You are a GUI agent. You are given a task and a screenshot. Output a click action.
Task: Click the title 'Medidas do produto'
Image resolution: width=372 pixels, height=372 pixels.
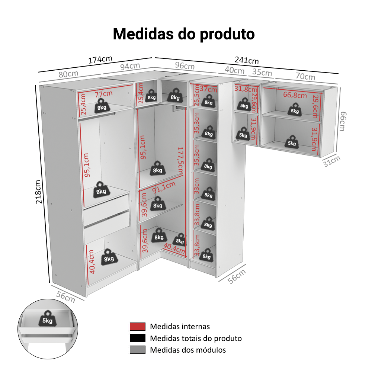click(184, 34)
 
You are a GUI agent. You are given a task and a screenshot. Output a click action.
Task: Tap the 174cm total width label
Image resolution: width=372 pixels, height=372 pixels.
click(100, 60)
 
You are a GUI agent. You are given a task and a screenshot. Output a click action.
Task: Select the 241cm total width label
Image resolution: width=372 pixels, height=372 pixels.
click(247, 60)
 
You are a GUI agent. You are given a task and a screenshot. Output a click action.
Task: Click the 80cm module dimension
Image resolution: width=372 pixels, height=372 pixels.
click(68, 74)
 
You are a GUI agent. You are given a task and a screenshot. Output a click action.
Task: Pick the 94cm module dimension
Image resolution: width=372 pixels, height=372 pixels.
click(130, 67)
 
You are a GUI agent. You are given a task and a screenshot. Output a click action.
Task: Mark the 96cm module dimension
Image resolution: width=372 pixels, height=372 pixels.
click(185, 66)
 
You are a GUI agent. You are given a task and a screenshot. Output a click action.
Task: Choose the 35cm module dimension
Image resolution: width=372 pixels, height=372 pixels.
click(262, 72)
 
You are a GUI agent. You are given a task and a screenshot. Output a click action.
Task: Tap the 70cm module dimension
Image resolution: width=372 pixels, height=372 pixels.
click(305, 77)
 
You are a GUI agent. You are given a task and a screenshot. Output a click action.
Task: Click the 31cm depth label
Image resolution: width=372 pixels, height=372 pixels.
click(331, 161)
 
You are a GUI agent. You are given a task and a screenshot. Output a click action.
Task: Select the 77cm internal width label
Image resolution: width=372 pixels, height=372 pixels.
click(104, 93)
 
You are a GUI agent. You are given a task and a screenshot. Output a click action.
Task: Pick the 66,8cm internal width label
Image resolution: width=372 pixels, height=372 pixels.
click(295, 95)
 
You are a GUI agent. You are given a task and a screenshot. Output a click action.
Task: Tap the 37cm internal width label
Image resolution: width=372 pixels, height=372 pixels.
click(208, 89)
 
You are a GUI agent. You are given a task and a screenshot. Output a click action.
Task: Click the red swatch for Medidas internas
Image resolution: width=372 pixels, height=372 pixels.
click(137, 327)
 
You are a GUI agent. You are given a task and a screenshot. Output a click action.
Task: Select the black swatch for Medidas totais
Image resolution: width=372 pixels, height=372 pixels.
click(137, 338)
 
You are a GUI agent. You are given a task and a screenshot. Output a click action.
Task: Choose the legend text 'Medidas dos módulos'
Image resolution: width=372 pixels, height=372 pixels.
click(188, 350)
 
